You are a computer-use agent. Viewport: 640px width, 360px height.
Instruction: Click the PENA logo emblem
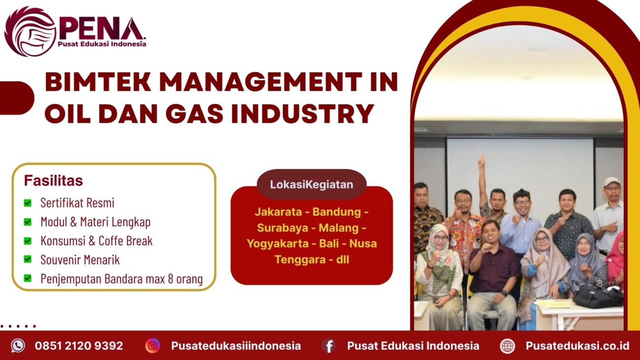pyautogui.click(x=30, y=32)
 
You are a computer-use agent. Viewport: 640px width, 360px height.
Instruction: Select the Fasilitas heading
pyautogui.click(x=53, y=181)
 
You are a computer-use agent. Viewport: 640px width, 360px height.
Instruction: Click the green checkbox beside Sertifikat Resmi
pyautogui.click(x=28, y=203)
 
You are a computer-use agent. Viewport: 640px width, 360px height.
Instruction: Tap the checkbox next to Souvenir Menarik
pyautogui.click(x=28, y=260)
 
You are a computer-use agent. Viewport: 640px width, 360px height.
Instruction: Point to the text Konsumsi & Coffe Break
pyautogui.click(x=96, y=241)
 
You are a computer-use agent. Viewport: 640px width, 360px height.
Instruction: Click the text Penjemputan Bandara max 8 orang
pyautogui.click(x=122, y=279)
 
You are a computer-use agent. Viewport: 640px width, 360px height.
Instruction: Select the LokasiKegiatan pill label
pyautogui.click(x=312, y=185)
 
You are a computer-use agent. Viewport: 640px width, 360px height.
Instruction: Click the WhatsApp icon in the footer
pyautogui.click(x=18, y=346)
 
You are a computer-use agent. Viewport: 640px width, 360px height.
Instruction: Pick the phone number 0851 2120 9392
pyautogui.click(x=79, y=346)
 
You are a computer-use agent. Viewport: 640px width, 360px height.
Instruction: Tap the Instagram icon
pyautogui.click(x=153, y=346)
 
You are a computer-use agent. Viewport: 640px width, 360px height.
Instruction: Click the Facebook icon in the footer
pyautogui.click(x=329, y=346)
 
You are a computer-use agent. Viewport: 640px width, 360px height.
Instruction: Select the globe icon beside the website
pyautogui.click(x=507, y=346)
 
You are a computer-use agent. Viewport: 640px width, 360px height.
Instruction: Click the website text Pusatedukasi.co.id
pyautogui.click(x=577, y=346)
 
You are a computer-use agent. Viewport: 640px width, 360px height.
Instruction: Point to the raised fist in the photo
pyautogui.click(x=481, y=160)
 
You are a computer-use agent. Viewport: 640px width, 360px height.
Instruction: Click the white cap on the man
pyautogui.click(x=611, y=181)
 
